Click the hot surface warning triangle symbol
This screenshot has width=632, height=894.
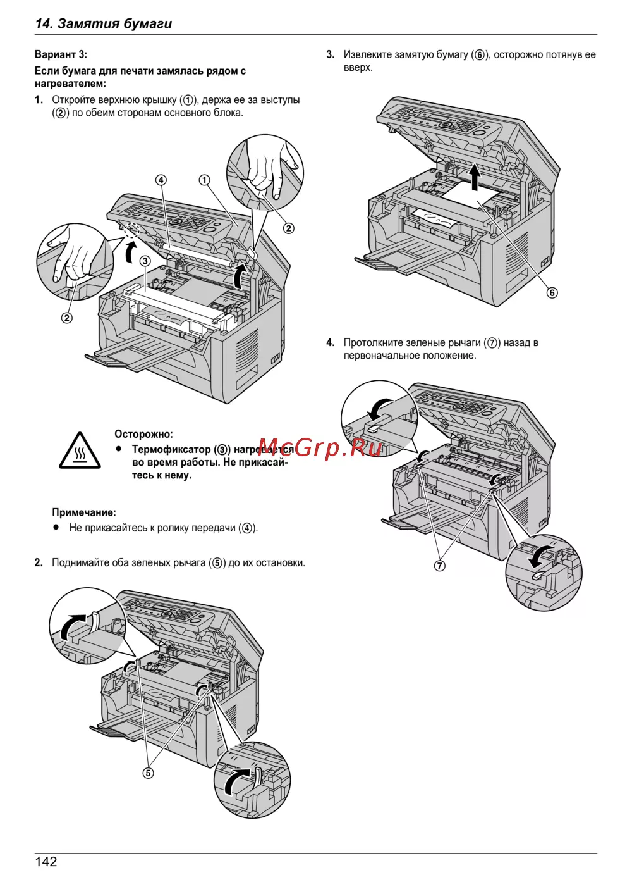point(80,451)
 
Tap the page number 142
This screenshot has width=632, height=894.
point(46,862)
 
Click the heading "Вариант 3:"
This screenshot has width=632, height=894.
point(61,54)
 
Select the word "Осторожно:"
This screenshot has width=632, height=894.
point(143,434)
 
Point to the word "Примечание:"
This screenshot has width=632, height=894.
point(84,512)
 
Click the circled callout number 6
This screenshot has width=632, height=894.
point(552,292)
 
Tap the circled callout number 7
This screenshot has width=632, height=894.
point(440,566)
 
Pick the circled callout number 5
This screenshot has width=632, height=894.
point(148,773)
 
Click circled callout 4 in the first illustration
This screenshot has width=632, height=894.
point(161,180)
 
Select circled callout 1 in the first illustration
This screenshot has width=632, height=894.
point(204,180)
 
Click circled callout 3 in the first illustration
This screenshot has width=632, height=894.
point(145,261)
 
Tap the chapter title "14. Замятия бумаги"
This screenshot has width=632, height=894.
point(104,24)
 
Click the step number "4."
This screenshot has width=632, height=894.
point(331,343)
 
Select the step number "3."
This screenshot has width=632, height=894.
point(331,55)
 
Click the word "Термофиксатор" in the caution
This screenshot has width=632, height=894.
point(171,449)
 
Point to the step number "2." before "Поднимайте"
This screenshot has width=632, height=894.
point(39,563)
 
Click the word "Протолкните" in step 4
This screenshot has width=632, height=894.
point(372,343)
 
